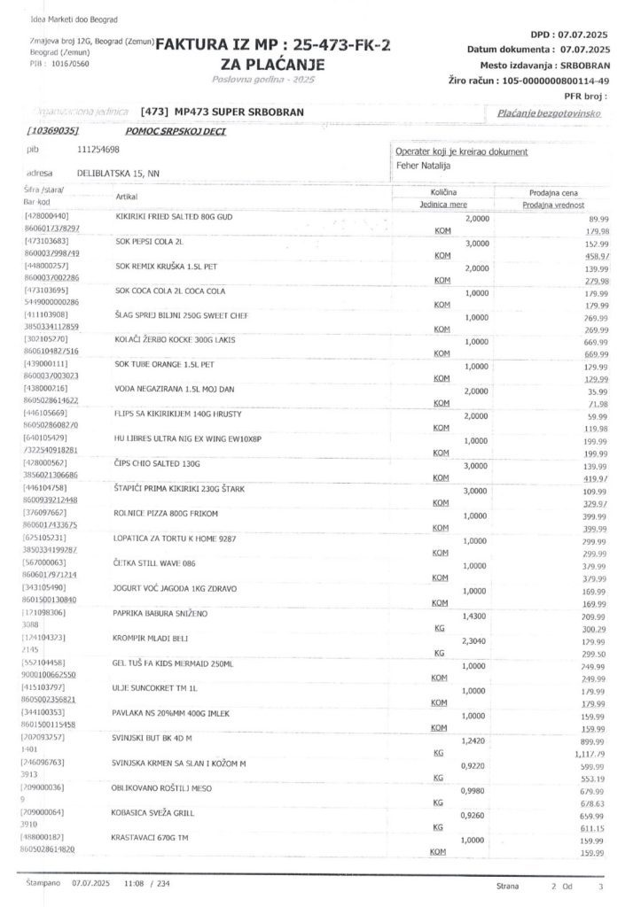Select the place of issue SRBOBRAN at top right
(x=579, y=66)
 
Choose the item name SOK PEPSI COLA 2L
(x=149, y=241)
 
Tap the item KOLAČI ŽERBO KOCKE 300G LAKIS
(x=173, y=340)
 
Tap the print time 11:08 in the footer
(x=134, y=883)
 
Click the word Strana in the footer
(x=509, y=885)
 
